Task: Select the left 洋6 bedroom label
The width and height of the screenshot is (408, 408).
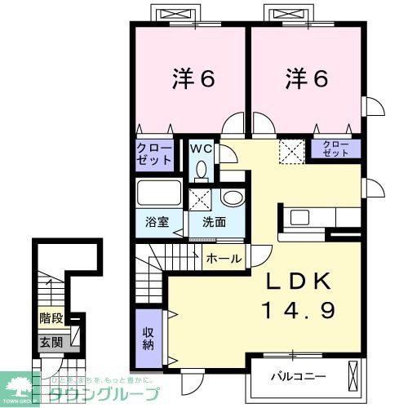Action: pyautogui.click(x=193, y=79)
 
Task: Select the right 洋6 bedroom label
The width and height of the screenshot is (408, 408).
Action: pyautogui.click(x=306, y=79)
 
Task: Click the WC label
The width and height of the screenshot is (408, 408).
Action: pyautogui.click(x=200, y=149)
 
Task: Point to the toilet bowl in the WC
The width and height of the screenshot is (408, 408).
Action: pyautogui.click(x=202, y=171)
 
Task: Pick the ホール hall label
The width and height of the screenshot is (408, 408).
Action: pyautogui.click(x=224, y=259)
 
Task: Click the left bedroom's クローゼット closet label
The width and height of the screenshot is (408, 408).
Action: pyautogui.click(x=154, y=153)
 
